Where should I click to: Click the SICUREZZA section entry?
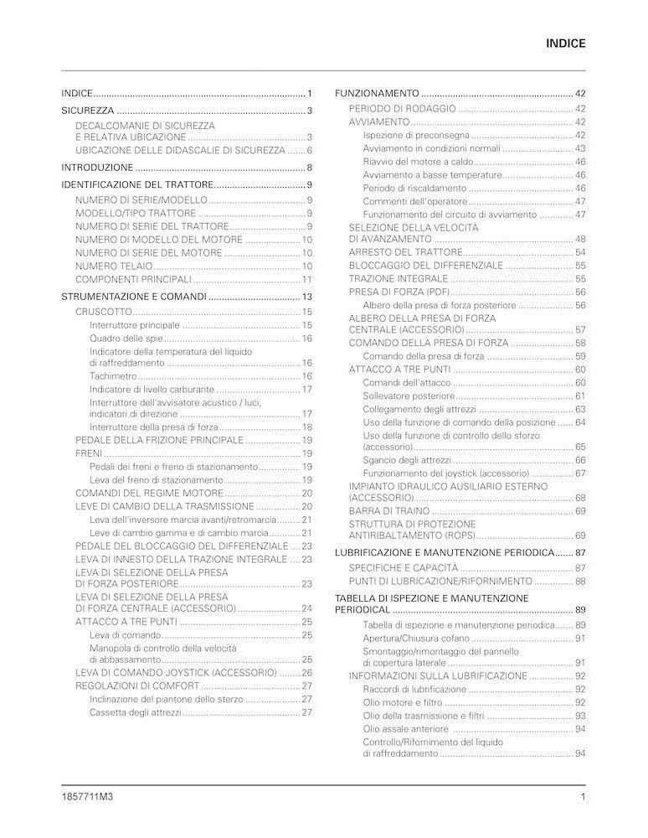click(87, 111)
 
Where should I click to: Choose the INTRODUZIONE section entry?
click(97, 168)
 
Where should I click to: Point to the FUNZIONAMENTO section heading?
click(377, 93)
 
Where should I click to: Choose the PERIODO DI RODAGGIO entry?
click(402, 109)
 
